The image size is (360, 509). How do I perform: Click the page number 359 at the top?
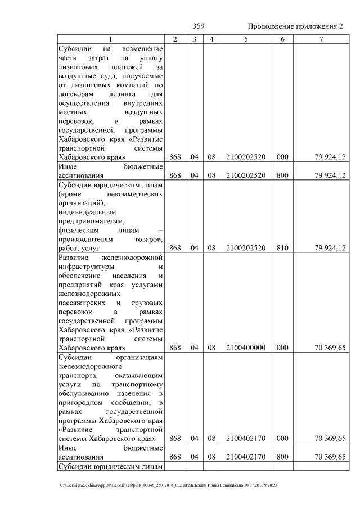tap(199, 26)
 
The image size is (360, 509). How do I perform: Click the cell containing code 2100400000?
tap(245, 348)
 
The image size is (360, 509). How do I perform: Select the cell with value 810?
tap(282, 247)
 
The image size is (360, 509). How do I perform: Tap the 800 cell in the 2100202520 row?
tap(282, 175)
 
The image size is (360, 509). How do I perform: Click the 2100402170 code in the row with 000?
tap(245, 439)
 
